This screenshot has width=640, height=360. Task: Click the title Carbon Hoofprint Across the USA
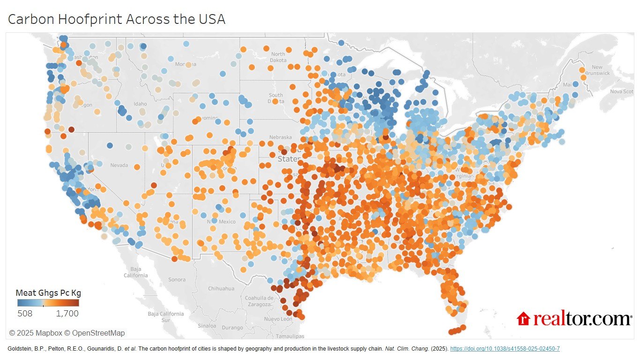coord(117,19)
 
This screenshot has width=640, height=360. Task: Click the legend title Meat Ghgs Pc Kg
coord(48,293)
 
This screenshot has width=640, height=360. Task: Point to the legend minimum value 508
coord(25,313)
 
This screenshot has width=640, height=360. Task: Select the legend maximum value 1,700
coord(67,313)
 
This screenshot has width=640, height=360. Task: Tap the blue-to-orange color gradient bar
coord(48,303)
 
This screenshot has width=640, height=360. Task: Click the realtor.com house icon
coord(523,319)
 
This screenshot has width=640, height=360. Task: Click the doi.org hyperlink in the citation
coord(505,349)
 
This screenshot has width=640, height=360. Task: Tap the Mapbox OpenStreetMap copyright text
coord(67,333)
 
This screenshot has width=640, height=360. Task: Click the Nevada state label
coord(119,165)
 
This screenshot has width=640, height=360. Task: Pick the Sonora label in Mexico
coord(177,279)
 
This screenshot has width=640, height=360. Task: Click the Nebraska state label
coord(268,137)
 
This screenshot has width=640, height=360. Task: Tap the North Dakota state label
coord(278,57)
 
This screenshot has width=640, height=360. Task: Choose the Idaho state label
coord(140,104)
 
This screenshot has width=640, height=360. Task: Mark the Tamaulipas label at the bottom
coord(290,336)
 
